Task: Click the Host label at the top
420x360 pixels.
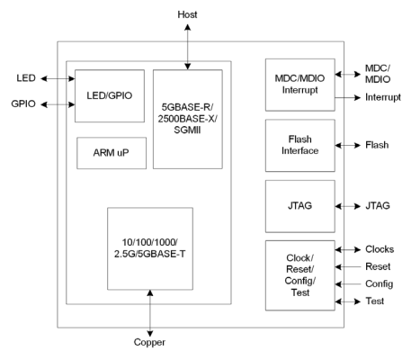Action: click(x=187, y=14)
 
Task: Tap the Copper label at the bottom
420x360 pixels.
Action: click(x=149, y=342)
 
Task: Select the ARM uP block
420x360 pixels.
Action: click(x=112, y=153)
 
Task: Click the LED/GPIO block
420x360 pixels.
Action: click(x=110, y=96)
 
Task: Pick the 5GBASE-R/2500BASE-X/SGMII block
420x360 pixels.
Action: click(x=188, y=119)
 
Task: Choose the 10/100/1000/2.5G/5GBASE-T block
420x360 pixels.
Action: click(x=150, y=248)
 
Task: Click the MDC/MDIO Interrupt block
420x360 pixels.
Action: click(x=300, y=85)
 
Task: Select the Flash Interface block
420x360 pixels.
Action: click(x=300, y=146)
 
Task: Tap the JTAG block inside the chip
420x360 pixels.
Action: click(x=300, y=206)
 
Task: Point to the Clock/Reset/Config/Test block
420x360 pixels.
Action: click(x=300, y=275)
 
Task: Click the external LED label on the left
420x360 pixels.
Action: click(x=26, y=78)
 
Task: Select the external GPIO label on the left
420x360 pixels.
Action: click(x=23, y=103)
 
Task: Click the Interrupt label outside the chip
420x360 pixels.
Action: click(x=383, y=97)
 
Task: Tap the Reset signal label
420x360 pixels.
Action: click(x=378, y=266)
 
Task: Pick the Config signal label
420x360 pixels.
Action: click(x=379, y=284)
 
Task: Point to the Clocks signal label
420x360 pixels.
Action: click(x=380, y=249)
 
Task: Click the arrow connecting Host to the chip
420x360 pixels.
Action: click(x=188, y=47)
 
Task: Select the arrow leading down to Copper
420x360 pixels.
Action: click(x=150, y=313)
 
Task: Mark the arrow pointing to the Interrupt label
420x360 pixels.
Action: click(x=348, y=97)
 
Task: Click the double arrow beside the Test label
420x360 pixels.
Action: click(x=348, y=301)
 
